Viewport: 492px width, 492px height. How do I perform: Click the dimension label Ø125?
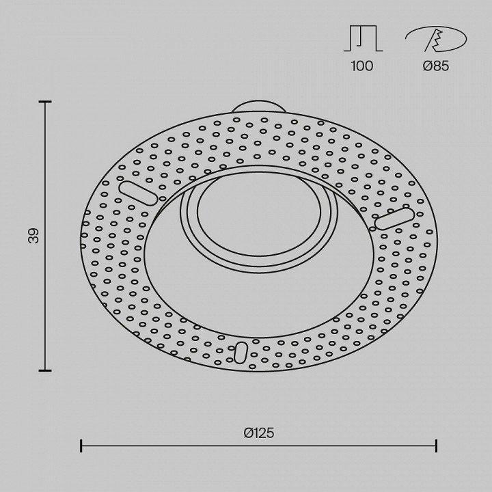[259, 433]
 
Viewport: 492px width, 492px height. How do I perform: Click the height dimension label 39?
[33, 236]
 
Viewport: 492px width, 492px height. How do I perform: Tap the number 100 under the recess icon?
[362, 66]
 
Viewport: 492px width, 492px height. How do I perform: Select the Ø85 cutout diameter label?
[436, 66]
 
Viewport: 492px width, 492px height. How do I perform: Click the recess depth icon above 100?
[363, 38]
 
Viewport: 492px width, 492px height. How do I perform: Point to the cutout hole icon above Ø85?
[436, 39]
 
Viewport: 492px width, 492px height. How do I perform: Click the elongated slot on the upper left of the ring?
[138, 193]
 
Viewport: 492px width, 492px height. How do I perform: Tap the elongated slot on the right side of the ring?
[394, 219]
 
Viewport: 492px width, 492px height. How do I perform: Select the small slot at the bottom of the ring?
[241, 353]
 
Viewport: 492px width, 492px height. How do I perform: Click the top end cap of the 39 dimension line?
[45, 102]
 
